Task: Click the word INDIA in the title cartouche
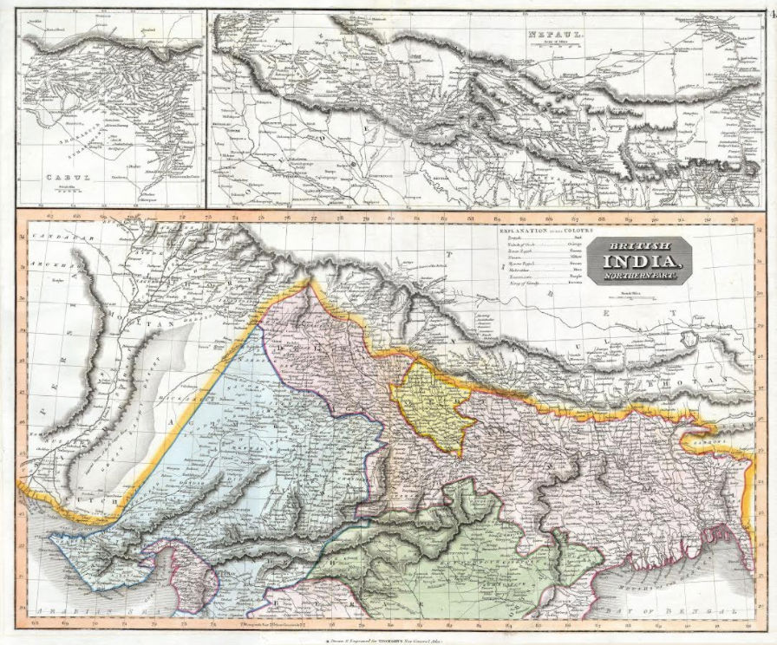[640, 260]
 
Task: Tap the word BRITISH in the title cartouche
[640, 244]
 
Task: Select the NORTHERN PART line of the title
[640, 275]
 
